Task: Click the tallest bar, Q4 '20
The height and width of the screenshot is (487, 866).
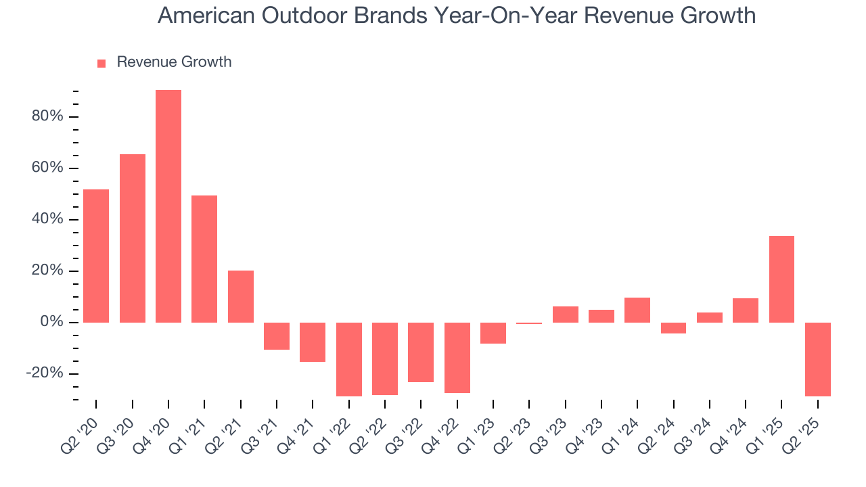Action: (168, 206)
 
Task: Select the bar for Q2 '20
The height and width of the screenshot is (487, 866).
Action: (96, 256)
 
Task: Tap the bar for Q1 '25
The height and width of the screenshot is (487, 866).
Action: (781, 279)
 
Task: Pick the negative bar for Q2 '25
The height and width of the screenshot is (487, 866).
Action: (817, 359)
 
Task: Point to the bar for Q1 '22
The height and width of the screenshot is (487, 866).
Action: (348, 359)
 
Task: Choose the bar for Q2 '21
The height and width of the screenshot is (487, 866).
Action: (240, 296)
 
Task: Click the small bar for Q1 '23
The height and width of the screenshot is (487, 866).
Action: (493, 333)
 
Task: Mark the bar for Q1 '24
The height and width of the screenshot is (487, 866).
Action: (637, 310)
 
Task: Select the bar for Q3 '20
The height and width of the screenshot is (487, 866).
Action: (133, 238)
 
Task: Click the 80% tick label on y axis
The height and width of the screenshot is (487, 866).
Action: (47, 116)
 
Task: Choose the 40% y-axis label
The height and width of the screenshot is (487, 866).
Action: (47, 219)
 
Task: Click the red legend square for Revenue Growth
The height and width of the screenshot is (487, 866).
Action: (101, 63)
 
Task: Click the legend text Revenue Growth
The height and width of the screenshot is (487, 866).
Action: (174, 62)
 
